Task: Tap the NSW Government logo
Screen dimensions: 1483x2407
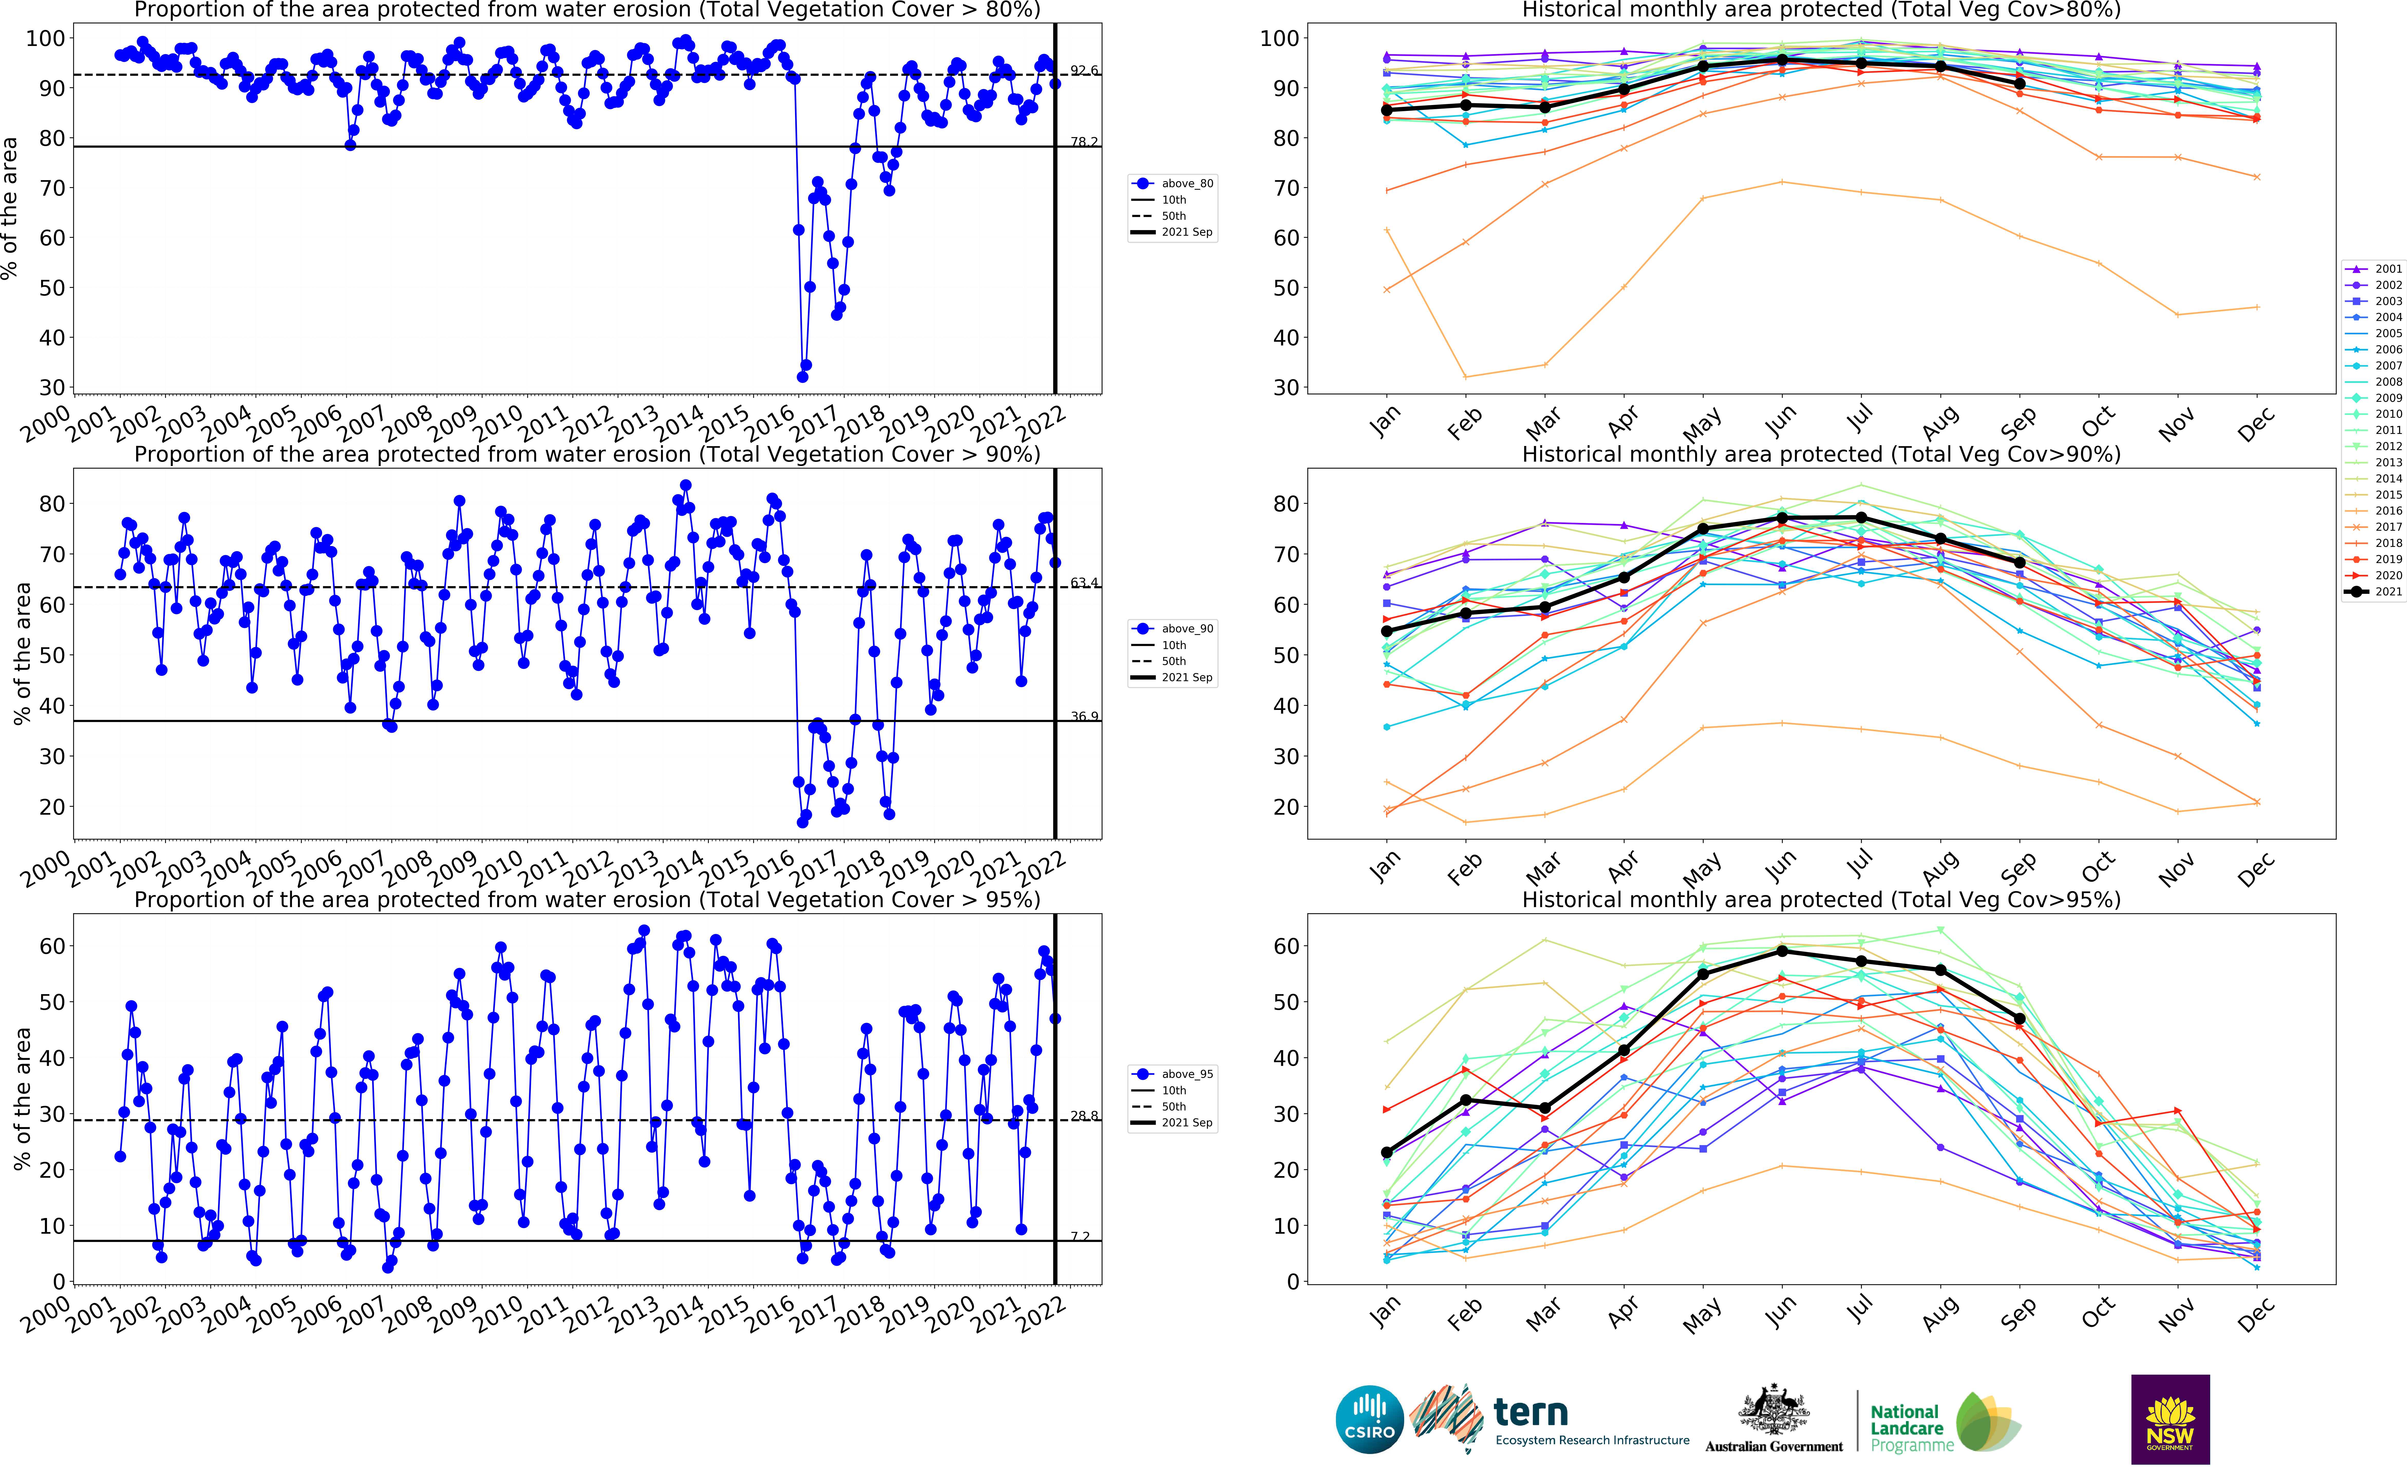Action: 2170,1418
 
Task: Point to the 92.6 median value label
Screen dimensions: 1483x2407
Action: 1084,71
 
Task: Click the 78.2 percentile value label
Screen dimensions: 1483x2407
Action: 1084,142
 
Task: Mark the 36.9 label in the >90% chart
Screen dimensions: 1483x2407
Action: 1084,717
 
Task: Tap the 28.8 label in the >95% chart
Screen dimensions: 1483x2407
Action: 1084,1116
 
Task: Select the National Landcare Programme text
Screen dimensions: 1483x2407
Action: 1906,1428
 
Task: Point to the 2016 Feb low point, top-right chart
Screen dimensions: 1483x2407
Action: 1465,377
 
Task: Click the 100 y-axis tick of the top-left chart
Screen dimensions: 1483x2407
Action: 45,38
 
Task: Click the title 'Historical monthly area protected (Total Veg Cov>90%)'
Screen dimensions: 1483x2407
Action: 1820,454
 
